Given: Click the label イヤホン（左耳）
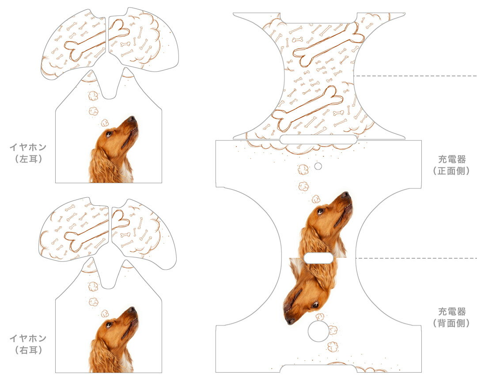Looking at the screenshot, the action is pos(28,153).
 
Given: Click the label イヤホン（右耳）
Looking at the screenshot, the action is pos(28,344).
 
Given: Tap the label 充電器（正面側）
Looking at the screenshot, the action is pos(452,165).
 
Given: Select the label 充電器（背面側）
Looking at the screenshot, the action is pos(452,317).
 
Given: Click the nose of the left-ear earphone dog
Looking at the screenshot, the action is pos(132,118).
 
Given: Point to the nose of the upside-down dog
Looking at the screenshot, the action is pos(290,321).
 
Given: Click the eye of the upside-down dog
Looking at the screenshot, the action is pos(315,304).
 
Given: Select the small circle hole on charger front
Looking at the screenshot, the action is pos(318,166).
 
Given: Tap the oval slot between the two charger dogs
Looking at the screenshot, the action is pos(319,258).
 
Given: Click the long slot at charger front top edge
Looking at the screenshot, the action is pos(318,140).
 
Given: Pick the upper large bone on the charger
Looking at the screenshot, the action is pos(329,45).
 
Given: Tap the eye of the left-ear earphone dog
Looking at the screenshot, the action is pos(109,133).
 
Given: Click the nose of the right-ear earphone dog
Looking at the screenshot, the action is pos(132,309).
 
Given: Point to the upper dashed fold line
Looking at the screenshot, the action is pos(415,75).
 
